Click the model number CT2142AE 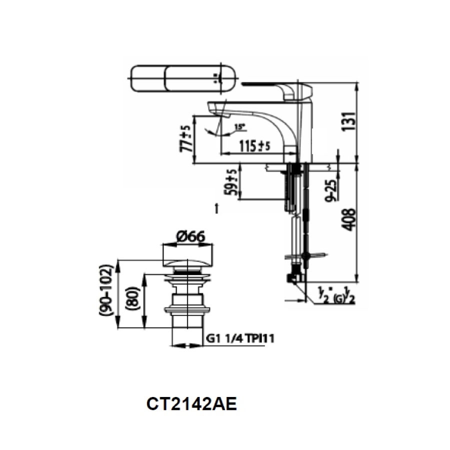(190, 404)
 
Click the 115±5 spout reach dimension (254, 146)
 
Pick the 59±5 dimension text (231, 183)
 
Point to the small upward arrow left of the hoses (216, 208)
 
